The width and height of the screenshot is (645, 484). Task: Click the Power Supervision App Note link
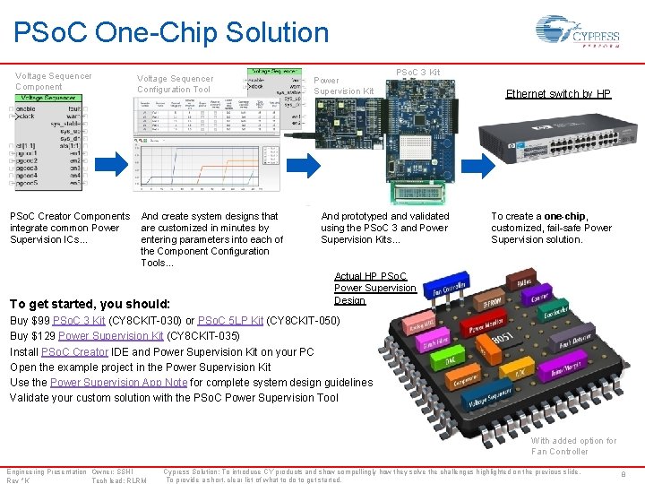[118, 382]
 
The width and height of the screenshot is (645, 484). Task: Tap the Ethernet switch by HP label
[558, 93]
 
